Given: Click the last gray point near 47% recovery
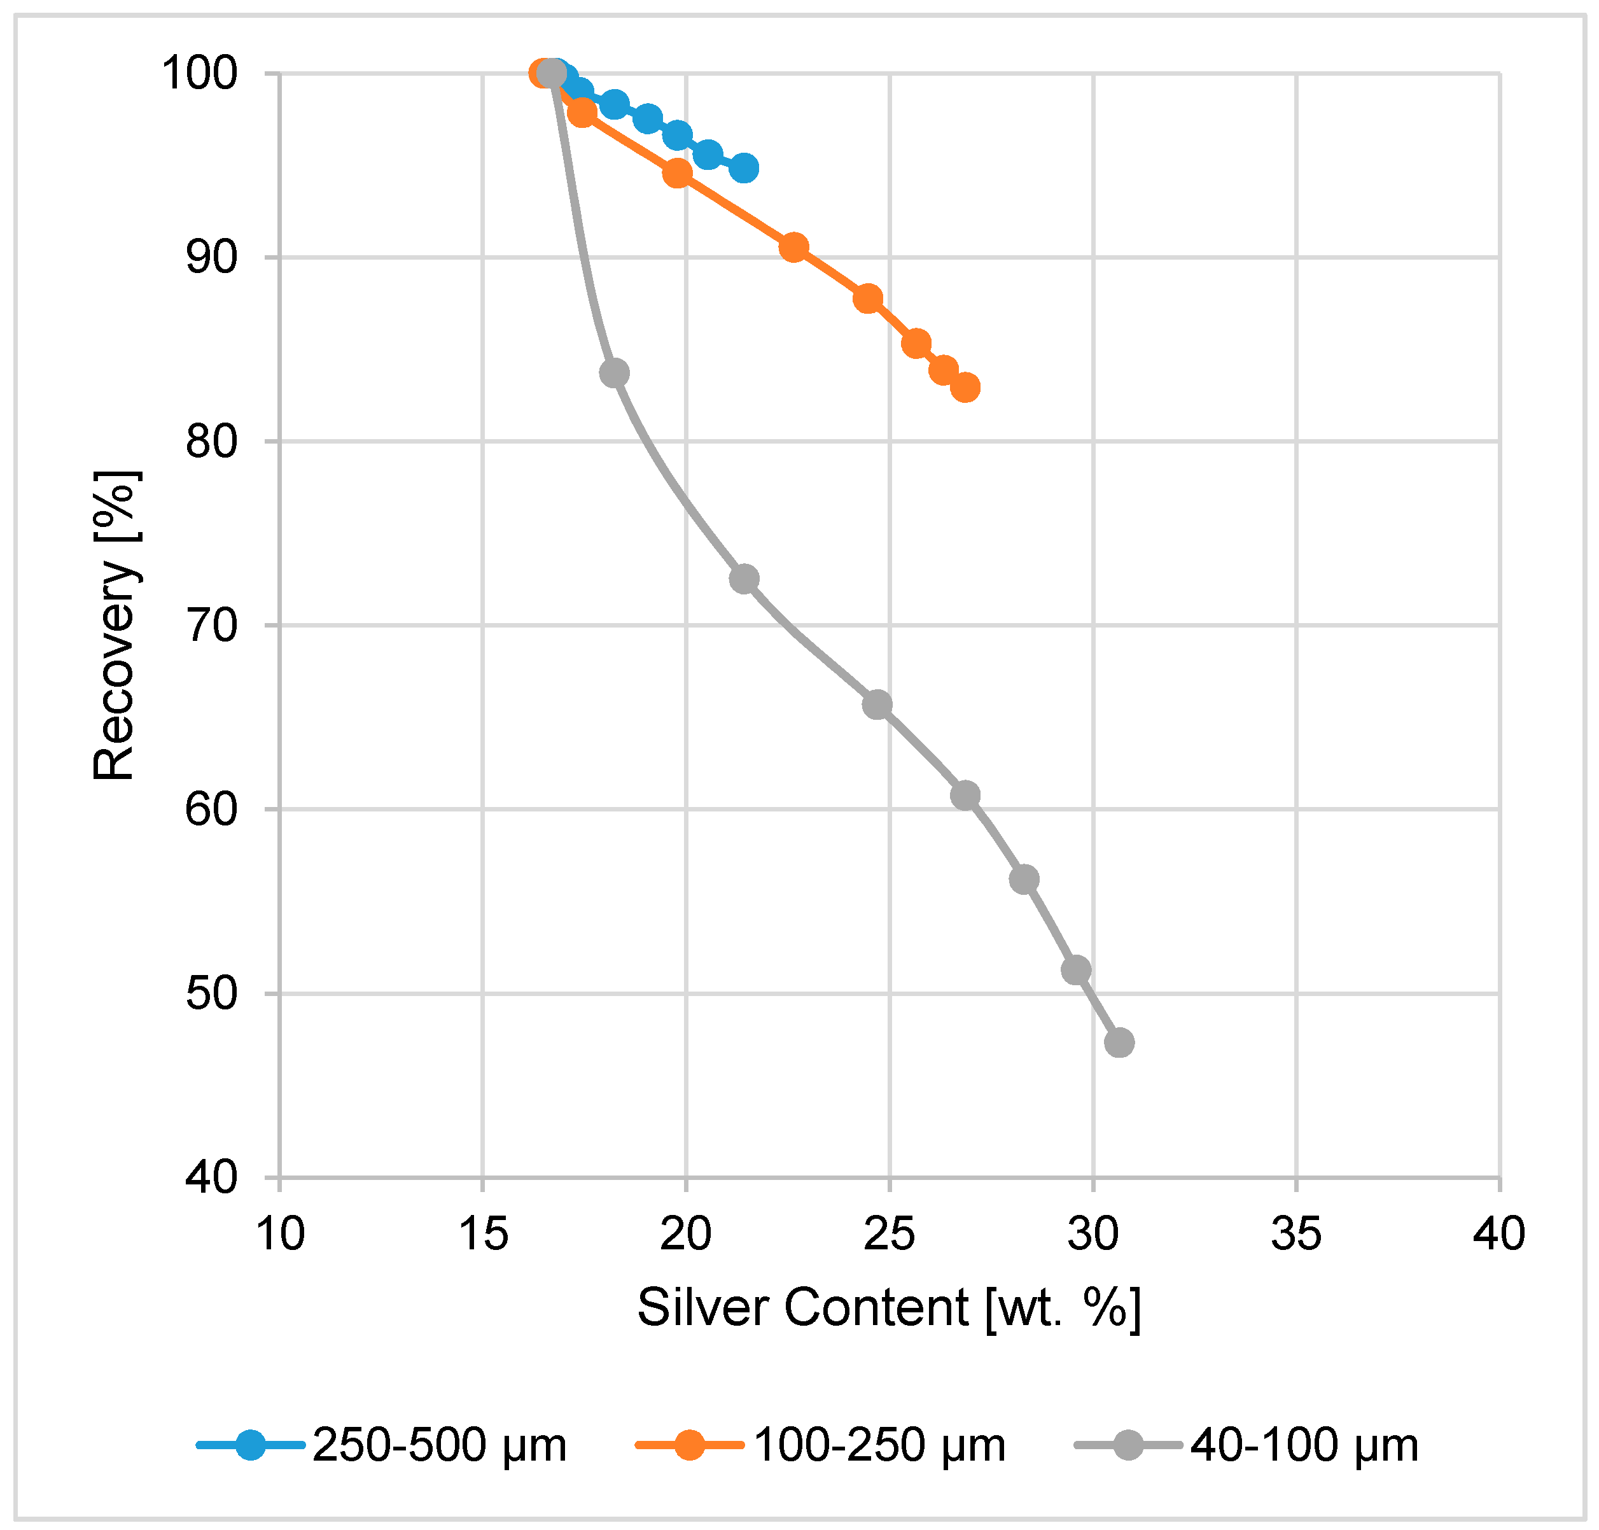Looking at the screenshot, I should (1119, 1042).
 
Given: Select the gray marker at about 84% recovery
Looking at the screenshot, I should (614, 374).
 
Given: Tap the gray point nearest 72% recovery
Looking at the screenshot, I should (744, 579).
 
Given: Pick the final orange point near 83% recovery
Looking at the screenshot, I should (965, 388).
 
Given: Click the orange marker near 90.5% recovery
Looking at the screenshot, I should (793, 247).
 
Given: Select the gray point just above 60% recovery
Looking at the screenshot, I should (965, 795).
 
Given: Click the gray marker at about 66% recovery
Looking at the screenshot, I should (877, 705).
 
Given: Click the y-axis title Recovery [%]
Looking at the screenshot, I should (113, 626).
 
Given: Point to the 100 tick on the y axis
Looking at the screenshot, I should (199, 73).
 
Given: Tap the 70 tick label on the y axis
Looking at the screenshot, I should (211, 626).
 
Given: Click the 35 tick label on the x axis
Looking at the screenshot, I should (1295, 1234).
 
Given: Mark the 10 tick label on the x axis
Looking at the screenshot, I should (280, 1234).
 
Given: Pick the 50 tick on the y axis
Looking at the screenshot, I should (211, 994).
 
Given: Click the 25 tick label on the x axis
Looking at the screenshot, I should (889, 1234).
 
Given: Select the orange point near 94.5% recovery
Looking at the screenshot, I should (677, 173).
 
